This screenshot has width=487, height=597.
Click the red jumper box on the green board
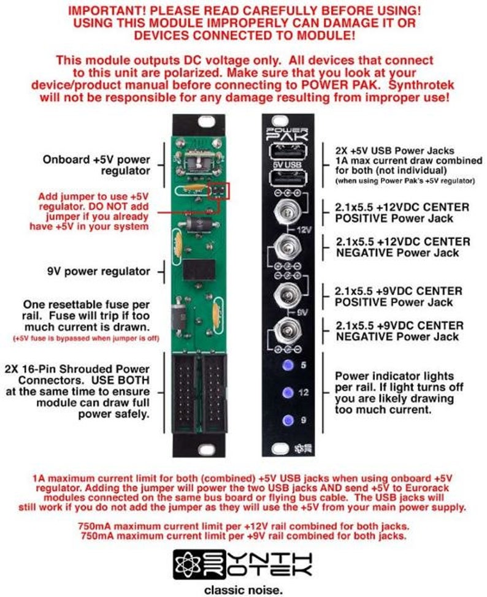pyautogui.click(x=218, y=191)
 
